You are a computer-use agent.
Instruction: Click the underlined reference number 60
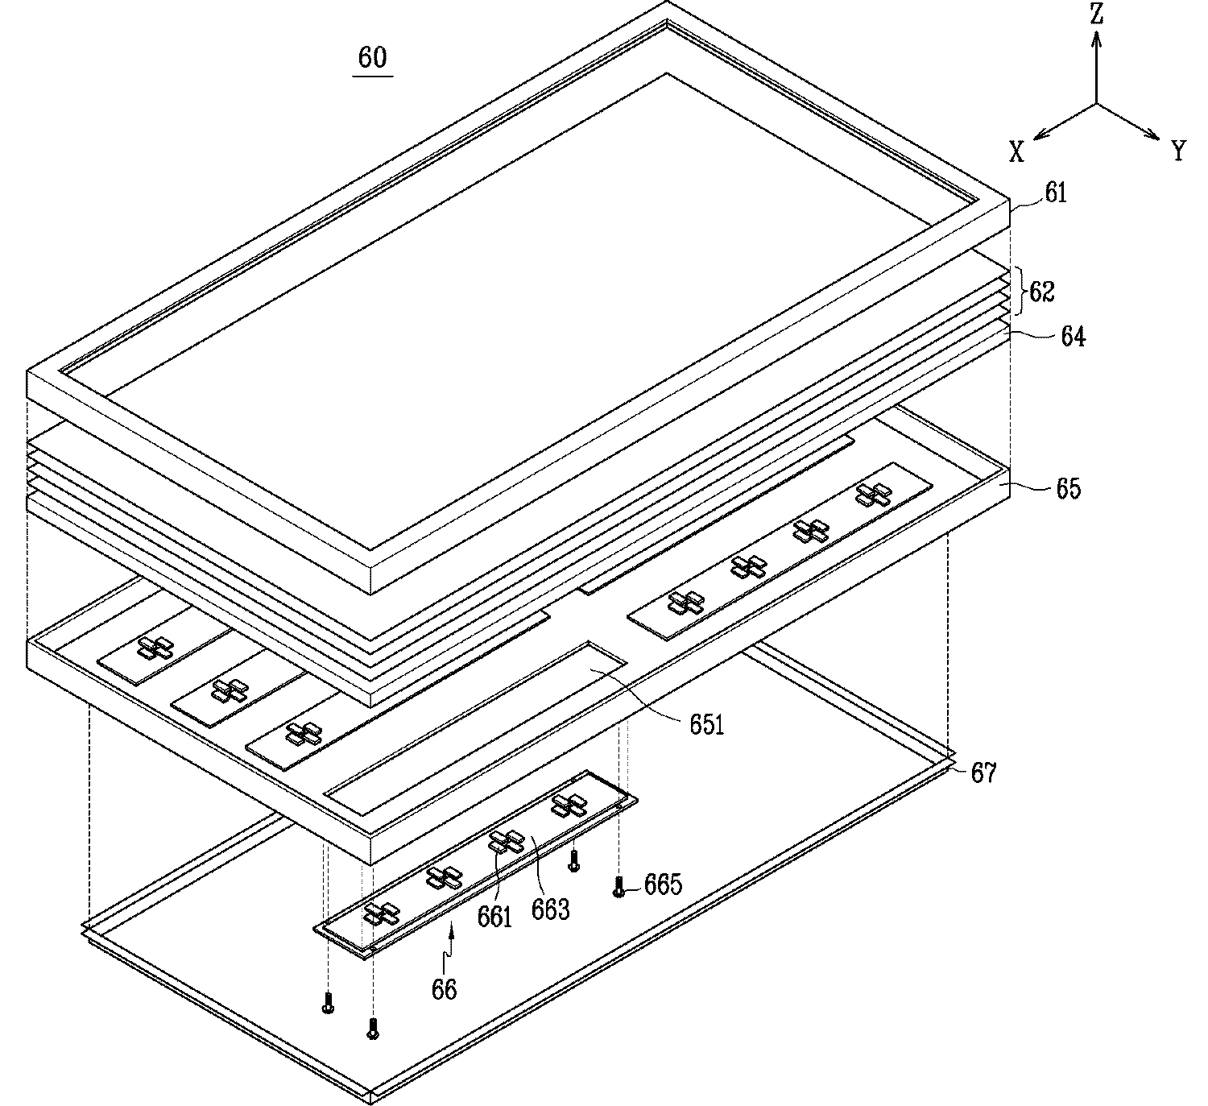(x=372, y=58)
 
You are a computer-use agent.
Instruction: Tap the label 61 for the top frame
(x=1056, y=193)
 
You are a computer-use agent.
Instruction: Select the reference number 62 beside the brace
(x=1042, y=292)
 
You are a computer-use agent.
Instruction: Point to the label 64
(x=1074, y=337)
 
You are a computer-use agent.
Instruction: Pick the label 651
(x=707, y=725)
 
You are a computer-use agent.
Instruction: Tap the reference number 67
(x=983, y=773)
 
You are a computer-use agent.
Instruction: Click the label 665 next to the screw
(x=663, y=884)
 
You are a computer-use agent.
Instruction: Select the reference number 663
(x=550, y=909)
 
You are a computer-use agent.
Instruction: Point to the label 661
(x=494, y=917)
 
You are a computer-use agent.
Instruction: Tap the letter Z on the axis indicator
(x=1097, y=13)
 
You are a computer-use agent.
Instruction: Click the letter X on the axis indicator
(x=1016, y=151)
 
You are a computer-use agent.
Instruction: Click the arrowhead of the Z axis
(x=1097, y=39)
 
